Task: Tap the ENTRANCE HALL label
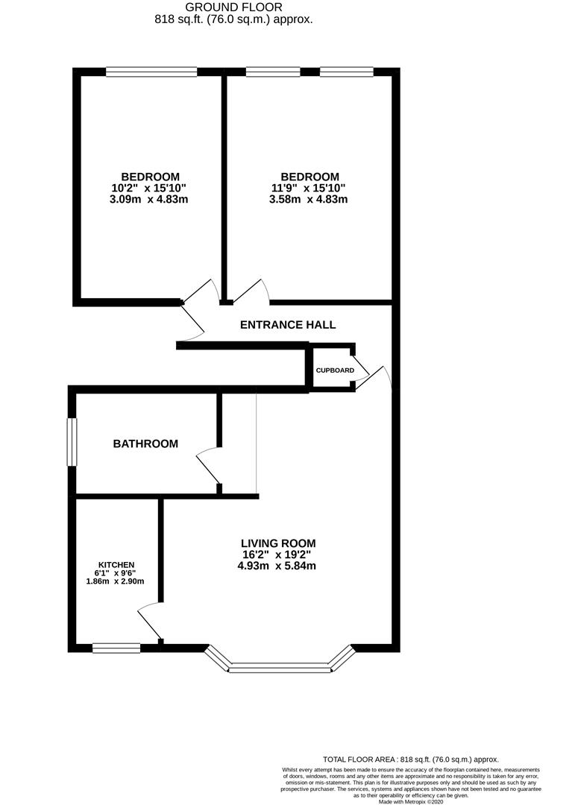[287, 325]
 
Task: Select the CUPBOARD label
[334, 370]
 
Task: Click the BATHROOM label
[145, 444]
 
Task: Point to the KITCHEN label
[116, 566]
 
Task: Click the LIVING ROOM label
[277, 543]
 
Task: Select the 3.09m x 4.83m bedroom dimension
[140, 200]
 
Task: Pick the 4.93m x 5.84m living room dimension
[277, 566]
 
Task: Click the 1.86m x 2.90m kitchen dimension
[116, 582]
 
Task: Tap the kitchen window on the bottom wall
[116, 648]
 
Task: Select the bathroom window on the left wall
[72, 442]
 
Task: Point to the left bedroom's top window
[151, 72]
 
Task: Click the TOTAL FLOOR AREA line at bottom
[409, 759]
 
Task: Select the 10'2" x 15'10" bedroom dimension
[140, 188]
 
